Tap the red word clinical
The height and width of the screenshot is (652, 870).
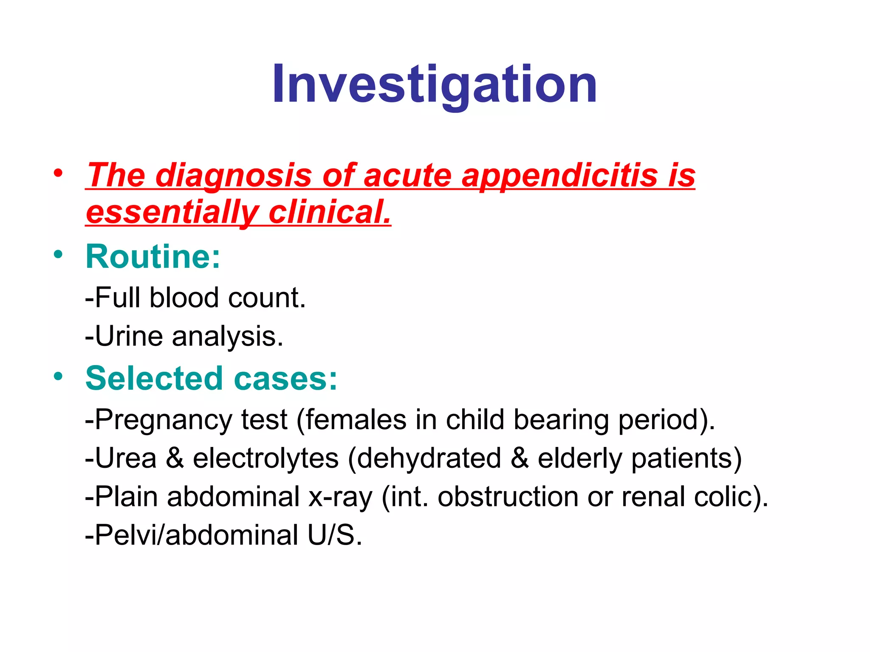(x=329, y=212)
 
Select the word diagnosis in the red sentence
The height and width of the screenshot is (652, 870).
(x=233, y=175)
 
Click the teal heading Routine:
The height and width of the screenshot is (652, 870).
(x=153, y=256)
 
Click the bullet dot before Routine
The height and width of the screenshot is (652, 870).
(x=58, y=255)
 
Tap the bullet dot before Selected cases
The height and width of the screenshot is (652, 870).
(x=58, y=376)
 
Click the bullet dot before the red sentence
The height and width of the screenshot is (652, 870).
(x=58, y=173)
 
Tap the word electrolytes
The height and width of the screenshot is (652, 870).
(x=266, y=458)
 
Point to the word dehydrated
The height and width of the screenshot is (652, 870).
(x=429, y=458)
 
